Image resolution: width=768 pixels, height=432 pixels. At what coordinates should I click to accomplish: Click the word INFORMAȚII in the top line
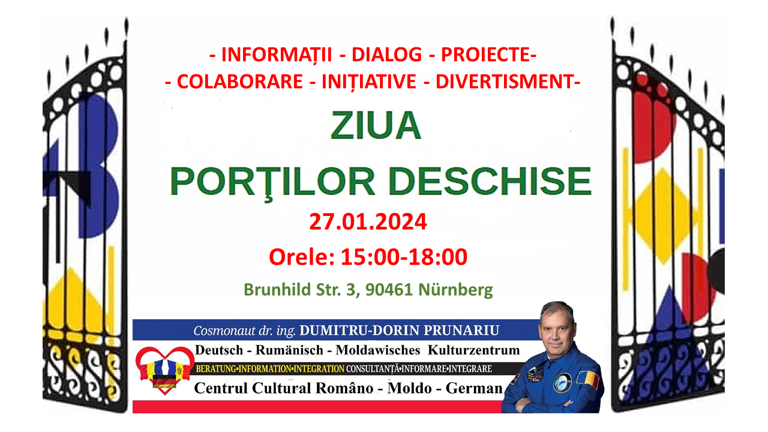tap(277, 55)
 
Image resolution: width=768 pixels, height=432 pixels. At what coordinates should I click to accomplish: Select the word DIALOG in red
tap(387, 55)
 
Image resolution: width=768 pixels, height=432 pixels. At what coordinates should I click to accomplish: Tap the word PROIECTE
tap(486, 55)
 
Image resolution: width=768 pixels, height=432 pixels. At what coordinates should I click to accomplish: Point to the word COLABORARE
tap(239, 82)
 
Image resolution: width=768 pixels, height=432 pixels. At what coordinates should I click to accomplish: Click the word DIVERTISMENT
tap(505, 82)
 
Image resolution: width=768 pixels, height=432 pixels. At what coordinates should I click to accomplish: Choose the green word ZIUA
tap(376, 125)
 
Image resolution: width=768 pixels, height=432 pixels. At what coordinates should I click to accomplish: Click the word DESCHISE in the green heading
tap(490, 181)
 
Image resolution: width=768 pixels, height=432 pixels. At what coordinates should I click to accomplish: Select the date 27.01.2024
tap(368, 221)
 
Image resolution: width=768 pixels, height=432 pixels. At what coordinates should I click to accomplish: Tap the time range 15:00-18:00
tap(404, 257)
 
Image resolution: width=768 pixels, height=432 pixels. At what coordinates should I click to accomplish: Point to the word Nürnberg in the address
tap(455, 290)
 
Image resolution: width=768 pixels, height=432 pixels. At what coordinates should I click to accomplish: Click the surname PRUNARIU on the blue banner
tap(461, 330)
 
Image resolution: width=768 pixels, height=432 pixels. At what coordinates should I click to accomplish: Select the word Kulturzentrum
tap(474, 350)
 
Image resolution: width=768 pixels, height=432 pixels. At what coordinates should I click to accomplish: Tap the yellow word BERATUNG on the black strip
tap(216, 369)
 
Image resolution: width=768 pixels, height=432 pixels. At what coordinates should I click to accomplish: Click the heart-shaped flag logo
tap(165, 370)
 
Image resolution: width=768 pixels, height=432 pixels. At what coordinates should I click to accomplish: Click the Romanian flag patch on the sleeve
tap(587, 380)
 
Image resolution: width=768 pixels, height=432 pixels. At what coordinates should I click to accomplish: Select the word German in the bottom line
tap(474, 388)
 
